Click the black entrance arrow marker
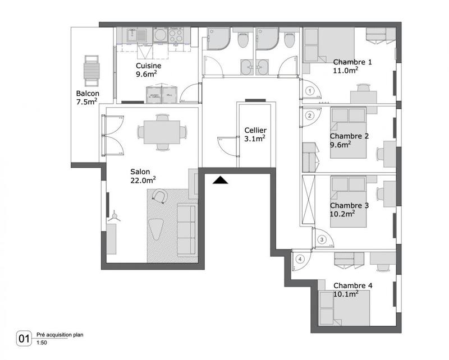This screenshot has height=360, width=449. [x=221, y=179]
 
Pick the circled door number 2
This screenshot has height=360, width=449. [x=309, y=116]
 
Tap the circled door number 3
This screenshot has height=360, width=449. [x=322, y=239]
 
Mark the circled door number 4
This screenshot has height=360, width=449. [x=300, y=259]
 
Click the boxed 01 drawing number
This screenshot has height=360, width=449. [x=24, y=338]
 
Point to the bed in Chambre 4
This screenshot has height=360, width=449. [x=343, y=308]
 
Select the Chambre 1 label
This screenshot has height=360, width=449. [x=352, y=62]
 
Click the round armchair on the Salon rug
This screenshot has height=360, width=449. [x=161, y=196]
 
